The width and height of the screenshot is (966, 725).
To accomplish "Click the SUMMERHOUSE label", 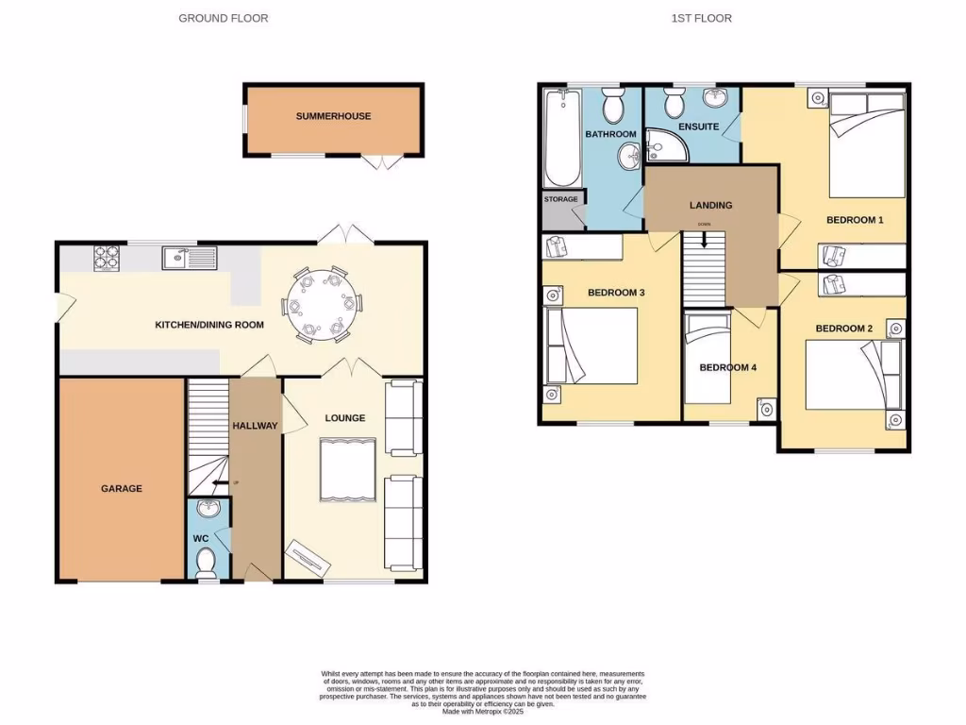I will [333, 116].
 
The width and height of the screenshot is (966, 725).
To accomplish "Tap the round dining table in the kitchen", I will [321, 305].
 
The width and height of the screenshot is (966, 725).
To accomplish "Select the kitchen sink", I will [189, 257].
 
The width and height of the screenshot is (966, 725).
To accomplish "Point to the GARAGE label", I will [122, 488].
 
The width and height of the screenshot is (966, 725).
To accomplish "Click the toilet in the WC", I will [205, 563].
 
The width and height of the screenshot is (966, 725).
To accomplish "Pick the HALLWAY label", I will [256, 426].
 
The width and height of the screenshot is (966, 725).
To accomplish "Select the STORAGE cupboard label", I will [560, 199].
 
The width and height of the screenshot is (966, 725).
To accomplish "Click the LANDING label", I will [710, 205].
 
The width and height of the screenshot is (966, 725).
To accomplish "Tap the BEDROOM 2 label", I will [843, 329].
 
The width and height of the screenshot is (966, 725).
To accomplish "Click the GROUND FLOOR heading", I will [224, 18].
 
